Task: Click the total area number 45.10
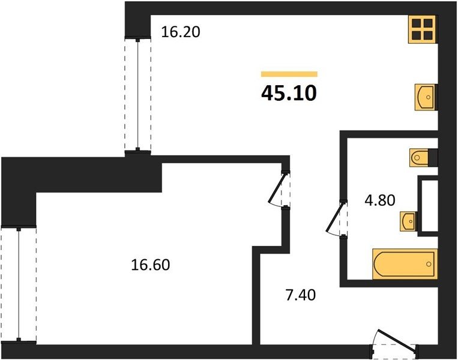pyautogui.click(x=289, y=94)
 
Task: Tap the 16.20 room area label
pyautogui.click(x=181, y=32)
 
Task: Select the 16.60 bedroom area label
pyautogui.click(x=151, y=265)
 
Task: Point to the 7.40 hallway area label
pyautogui.click(x=301, y=295)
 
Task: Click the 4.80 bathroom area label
pyautogui.click(x=380, y=200)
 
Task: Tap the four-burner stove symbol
pyautogui.click(x=422, y=29)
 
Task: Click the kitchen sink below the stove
pyautogui.click(x=425, y=97)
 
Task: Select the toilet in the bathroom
pyautogui.click(x=418, y=158)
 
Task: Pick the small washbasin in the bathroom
pyautogui.click(x=408, y=221)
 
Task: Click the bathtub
pyautogui.click(x=405, y=264)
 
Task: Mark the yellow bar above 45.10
pyautogui.click(x=289, y=74)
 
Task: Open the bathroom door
pyautogui.click(x=336, y=218)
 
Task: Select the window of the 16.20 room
pyautogui.click(x=137, y=95)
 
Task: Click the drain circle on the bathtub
pyautogui.click(x=429, y=264)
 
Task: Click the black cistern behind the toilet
pyautogui.click(x=433, y=158)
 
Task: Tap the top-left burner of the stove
pyautogui.click(x=416, y=23)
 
